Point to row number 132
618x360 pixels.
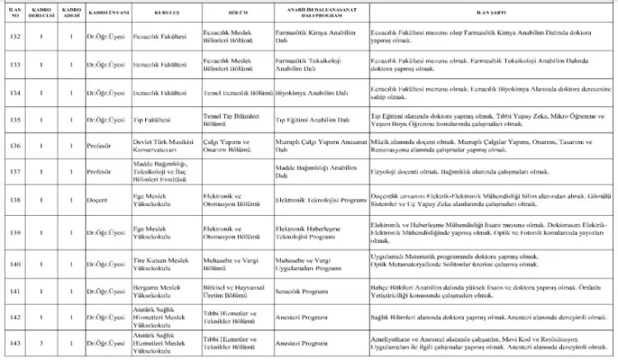(x=14, y=37)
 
